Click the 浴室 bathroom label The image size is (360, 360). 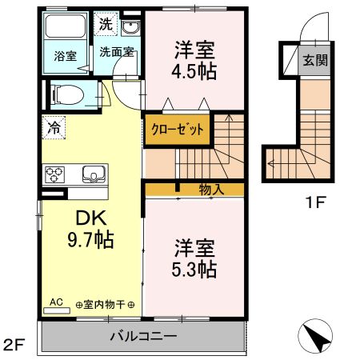tap(66, 56)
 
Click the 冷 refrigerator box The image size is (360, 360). tap(54, 126)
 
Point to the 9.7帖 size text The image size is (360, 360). tap(88, 238)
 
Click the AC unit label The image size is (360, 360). tap(56, 302)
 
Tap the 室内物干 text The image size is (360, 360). tap(105, 304)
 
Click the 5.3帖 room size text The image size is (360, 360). tap(194, 269)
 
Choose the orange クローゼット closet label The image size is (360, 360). tap(178, 129)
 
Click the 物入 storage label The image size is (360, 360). tap(210, 189)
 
